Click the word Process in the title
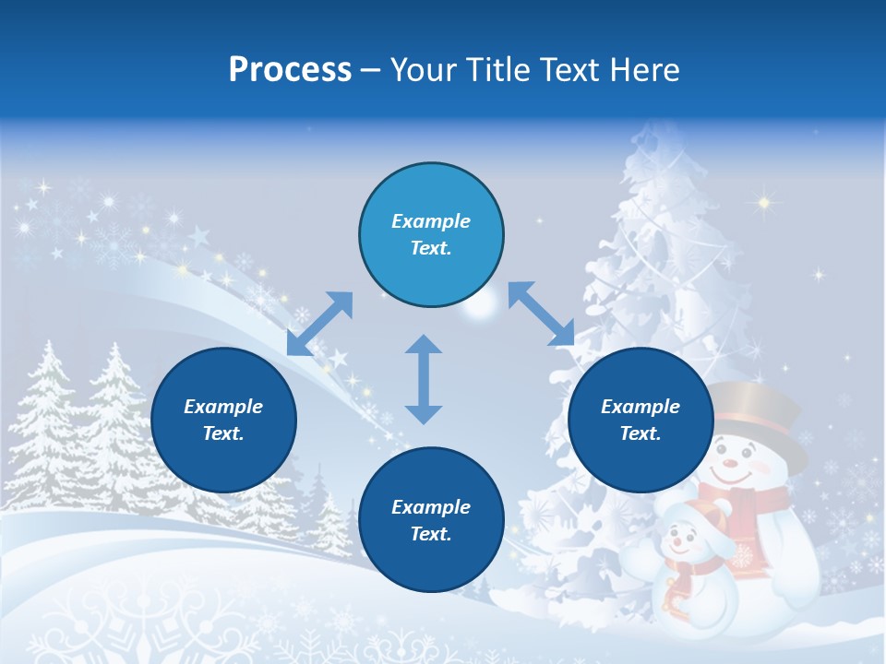click(290, 70)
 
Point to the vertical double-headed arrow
click(424, 379)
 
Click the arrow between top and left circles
click(319, 324)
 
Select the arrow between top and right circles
click(542, 314)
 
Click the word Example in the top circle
click(431, 221)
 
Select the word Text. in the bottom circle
click(431, 534)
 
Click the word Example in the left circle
click(223, 407)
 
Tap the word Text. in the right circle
click(641, 433)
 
